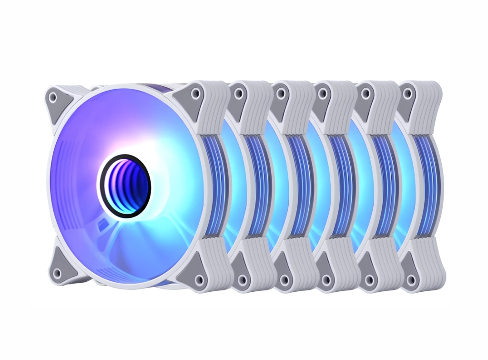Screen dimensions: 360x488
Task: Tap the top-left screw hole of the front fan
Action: coord(53,97)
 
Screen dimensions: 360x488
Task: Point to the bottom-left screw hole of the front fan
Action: coord(57,273)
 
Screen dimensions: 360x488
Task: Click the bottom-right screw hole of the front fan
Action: coord(199,279)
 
